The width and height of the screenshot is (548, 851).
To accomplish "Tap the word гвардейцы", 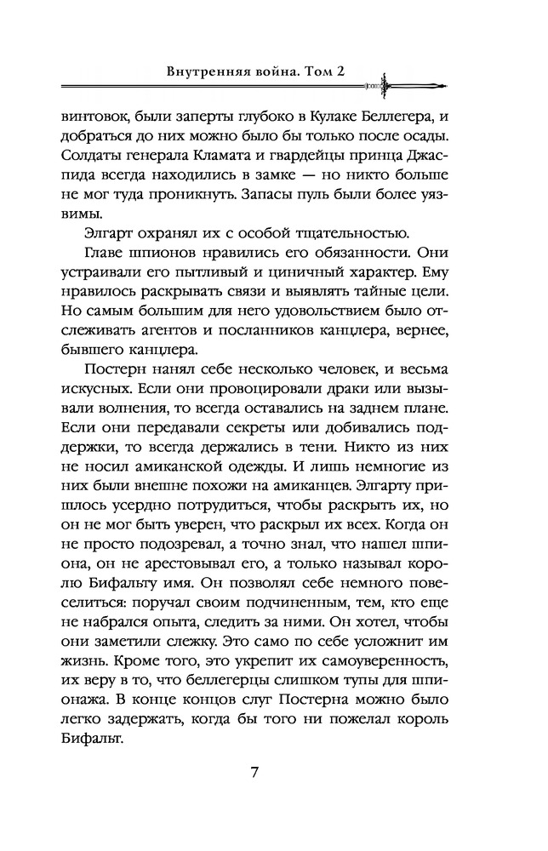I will [x=323, y=165].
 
